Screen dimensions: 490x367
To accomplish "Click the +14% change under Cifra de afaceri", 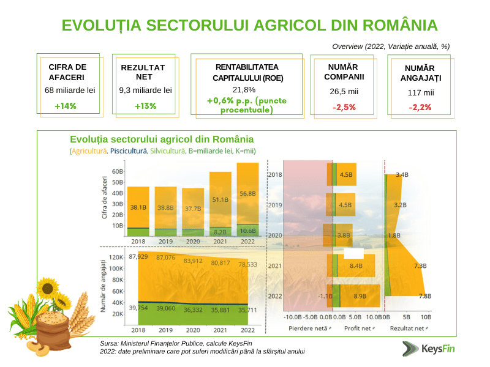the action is coord(66,106).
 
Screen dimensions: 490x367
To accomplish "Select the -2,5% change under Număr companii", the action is coord(344,108).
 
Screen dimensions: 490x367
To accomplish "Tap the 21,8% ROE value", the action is coord(244,90).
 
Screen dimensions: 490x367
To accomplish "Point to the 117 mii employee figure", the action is coord(421,93).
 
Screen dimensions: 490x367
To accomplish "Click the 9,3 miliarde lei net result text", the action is coord(145,91).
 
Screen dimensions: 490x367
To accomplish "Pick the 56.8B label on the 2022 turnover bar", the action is coord(247,193).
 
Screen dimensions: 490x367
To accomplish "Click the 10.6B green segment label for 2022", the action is coord(248,231).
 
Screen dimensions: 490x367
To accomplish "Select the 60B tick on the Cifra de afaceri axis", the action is coord(118,171).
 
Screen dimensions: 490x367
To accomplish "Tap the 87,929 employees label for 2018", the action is coord(138,256).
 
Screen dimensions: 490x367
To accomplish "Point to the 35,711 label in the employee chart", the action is coord(247,310).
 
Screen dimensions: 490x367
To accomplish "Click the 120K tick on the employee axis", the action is coord(116,257).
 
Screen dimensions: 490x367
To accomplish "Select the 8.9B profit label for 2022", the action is coord(360,296).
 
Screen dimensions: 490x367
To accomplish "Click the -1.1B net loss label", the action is coord(325,296).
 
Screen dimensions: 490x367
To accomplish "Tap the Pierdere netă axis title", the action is coord(308,328).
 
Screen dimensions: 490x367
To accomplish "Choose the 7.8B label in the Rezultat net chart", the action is coord(425,296).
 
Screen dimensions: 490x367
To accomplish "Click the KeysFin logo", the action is coord(428,349).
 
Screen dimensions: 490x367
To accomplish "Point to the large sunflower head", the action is coord(48,288).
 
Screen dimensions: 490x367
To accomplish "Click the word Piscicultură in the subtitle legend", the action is coord(129,151).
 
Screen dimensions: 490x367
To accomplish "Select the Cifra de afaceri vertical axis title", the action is coord(104,197).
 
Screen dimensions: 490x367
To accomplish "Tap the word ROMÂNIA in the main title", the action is coord(400,25).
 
